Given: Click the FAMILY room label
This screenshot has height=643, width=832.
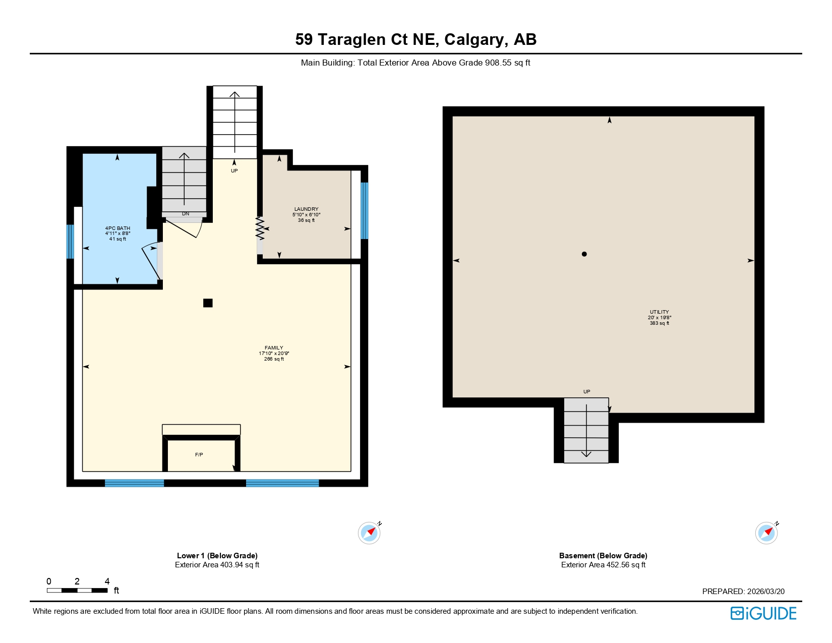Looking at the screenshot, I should [x=274, y=348].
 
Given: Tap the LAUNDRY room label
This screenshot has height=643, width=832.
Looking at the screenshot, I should [x=306, y=209].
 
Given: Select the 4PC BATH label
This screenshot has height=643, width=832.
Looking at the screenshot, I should [x=117, y=228].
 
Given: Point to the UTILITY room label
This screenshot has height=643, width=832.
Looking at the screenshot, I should [x=659, y=312].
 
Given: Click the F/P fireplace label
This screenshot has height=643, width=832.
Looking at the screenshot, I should [x=199, y=455].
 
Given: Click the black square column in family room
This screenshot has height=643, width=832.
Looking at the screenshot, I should [x=208, y=303].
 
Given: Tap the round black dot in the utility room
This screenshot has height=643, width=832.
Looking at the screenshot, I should [x=584, y=254].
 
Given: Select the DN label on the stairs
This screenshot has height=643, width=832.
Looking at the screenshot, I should [x=186, y=214].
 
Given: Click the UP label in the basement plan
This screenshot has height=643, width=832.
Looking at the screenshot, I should [x=586, y=392].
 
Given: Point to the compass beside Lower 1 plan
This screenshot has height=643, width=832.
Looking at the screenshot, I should [x=369, y=533].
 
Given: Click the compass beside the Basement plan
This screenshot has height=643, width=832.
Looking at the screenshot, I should [x=766, y=533].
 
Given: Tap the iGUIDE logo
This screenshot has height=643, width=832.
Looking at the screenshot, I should [x=763, y=613].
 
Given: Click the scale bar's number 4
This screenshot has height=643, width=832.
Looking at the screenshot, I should [x=107, y=581].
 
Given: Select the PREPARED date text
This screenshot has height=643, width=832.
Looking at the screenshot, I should [x=743, y=592].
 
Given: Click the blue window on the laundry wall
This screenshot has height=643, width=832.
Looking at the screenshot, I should [x=364, y=210].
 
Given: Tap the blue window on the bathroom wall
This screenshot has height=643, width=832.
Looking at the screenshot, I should [x=71, y=242].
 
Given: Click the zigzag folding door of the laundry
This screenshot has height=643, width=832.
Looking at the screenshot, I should [x=260, y=228].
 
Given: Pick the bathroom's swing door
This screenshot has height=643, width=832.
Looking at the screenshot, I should [x=151, y=261].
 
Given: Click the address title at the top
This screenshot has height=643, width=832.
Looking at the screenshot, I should [x=415, y=39].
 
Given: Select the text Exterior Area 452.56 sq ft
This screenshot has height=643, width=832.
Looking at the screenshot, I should [x=603, y=565].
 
